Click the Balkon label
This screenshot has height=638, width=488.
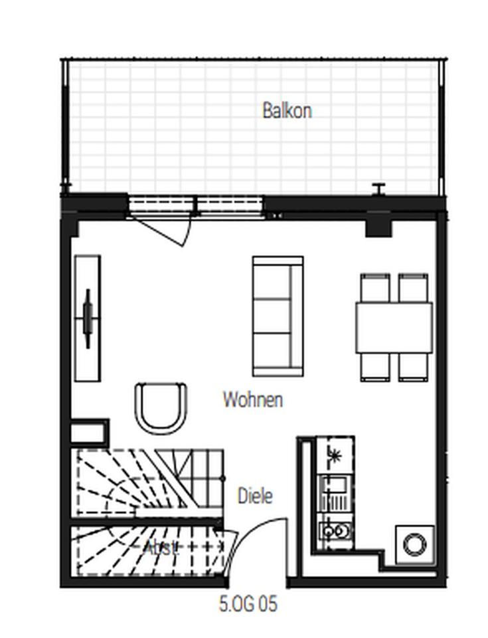pyautogui.click(x=286, y=110)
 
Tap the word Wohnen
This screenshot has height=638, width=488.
pyautogui.click(x=252, y=399)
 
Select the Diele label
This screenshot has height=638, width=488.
pyautogui.click(x=255, y=496)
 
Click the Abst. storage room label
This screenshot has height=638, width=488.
pyautogui.click(x=161, y=548)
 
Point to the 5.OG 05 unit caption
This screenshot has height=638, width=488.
pyautogui.click(x=248, y=604)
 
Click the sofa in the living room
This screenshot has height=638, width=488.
pyautogui.click(x=277, y=316)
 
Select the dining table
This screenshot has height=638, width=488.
pyautogui.click(x=394, y=327)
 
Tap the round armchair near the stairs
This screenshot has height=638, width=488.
pyautogui.click(x=161, y=407)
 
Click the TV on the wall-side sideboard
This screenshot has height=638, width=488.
pyautogui.click(x=88, y=318)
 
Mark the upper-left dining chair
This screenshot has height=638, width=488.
pyautogui.click(x=376, y=286)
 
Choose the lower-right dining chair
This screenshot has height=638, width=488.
pyautogui.click(x=413, y=366)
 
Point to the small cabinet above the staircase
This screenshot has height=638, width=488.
pyautogui.click(x=89, y=431)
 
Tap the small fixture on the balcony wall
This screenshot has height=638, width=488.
pyautogui.click(x=379, y=189)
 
